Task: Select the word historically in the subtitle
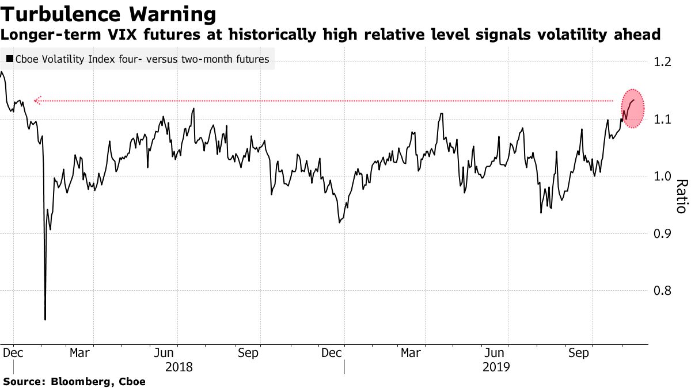coord(280,35)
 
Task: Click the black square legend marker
coord(10,59)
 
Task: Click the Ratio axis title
coord(681,197)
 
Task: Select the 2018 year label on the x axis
coord(179,366)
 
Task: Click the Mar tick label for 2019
coord(411,353)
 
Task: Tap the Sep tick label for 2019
coord(578,353)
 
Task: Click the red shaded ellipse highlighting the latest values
coord(632,109)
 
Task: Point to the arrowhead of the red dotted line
coord(36,101)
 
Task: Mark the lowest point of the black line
coord(45,319)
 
